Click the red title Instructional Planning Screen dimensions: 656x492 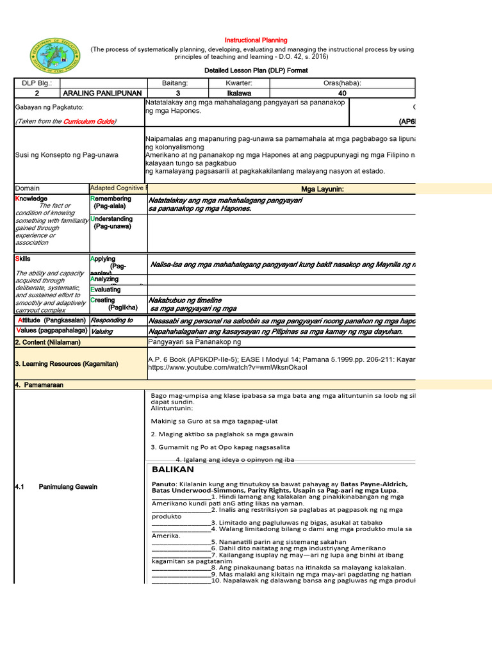click(255, 40)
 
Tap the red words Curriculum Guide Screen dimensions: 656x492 click(89, 121)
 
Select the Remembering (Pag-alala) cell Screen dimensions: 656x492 click(111, 203)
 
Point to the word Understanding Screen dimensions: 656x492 click(112, 219)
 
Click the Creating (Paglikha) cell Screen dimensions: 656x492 click(115, 304)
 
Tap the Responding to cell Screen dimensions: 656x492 click(111, 320)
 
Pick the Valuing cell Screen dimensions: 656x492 click(102, 332)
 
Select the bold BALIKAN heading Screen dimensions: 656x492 click(173, 469)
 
